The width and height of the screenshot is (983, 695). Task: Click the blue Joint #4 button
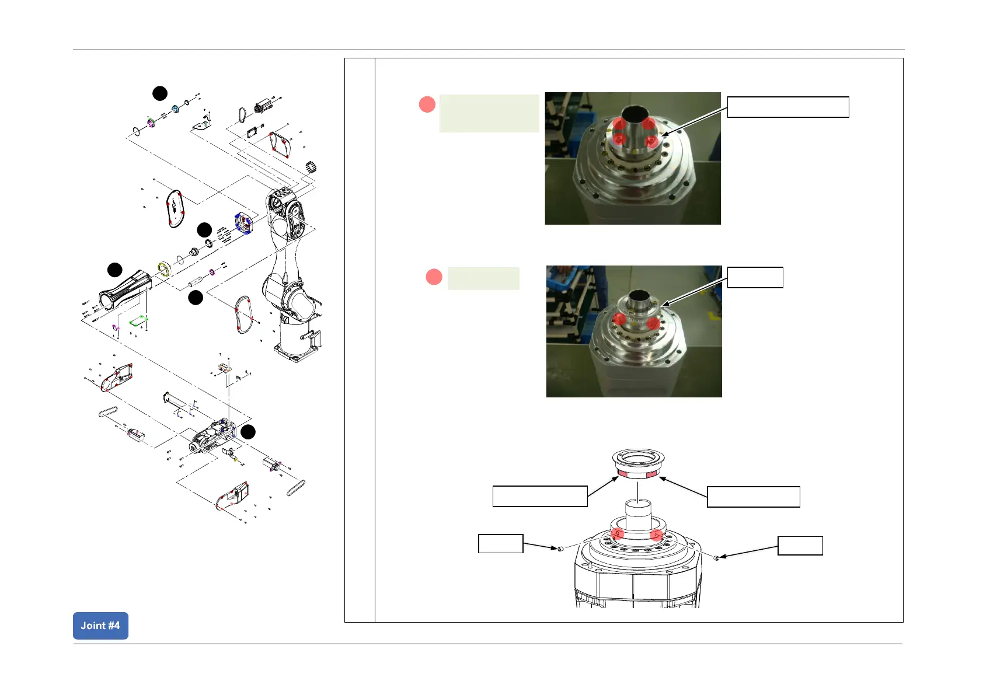coord(100,626)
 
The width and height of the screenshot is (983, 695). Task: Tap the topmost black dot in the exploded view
coord(160,93)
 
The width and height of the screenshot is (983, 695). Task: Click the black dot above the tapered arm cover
coord(115,270)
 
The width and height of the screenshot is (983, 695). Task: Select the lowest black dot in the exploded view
coord(248,432)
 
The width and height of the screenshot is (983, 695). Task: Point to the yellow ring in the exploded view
coord(164,269)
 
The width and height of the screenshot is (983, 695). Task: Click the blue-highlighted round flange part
coord(243,223)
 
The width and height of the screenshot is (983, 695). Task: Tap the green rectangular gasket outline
coord(139,320)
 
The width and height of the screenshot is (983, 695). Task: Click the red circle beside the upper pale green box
coord(427,105)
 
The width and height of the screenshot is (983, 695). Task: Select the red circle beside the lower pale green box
coord(434,277)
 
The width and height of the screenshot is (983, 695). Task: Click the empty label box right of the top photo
coord(787,107)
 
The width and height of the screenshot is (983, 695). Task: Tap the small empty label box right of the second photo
coord(755,277)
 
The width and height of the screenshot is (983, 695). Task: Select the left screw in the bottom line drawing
coord(560,549)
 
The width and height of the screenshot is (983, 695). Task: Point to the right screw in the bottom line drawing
coord(717,558)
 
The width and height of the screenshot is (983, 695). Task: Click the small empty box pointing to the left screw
coord(500,544)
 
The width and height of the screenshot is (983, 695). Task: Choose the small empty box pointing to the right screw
coord(800,546)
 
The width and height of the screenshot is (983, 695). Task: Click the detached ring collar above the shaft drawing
coord(639,464)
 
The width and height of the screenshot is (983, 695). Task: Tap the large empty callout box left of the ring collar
coord(539,496)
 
